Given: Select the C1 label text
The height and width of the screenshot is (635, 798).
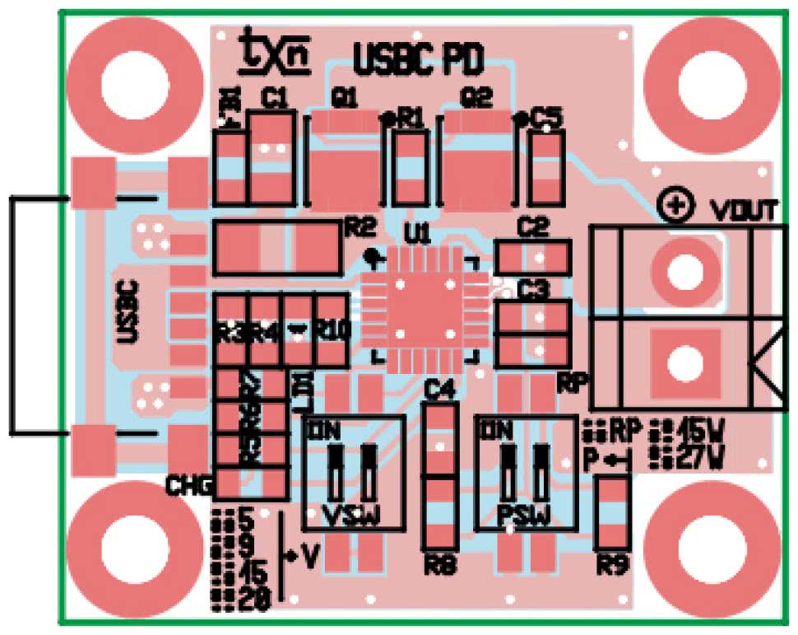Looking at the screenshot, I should [x=274, y=100].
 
